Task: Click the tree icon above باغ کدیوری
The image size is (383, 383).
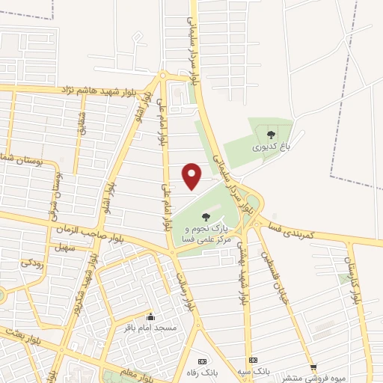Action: [271, 135]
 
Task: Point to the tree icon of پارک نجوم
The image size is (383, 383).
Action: [206, 217]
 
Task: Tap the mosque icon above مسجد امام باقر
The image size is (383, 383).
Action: [151, 316]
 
